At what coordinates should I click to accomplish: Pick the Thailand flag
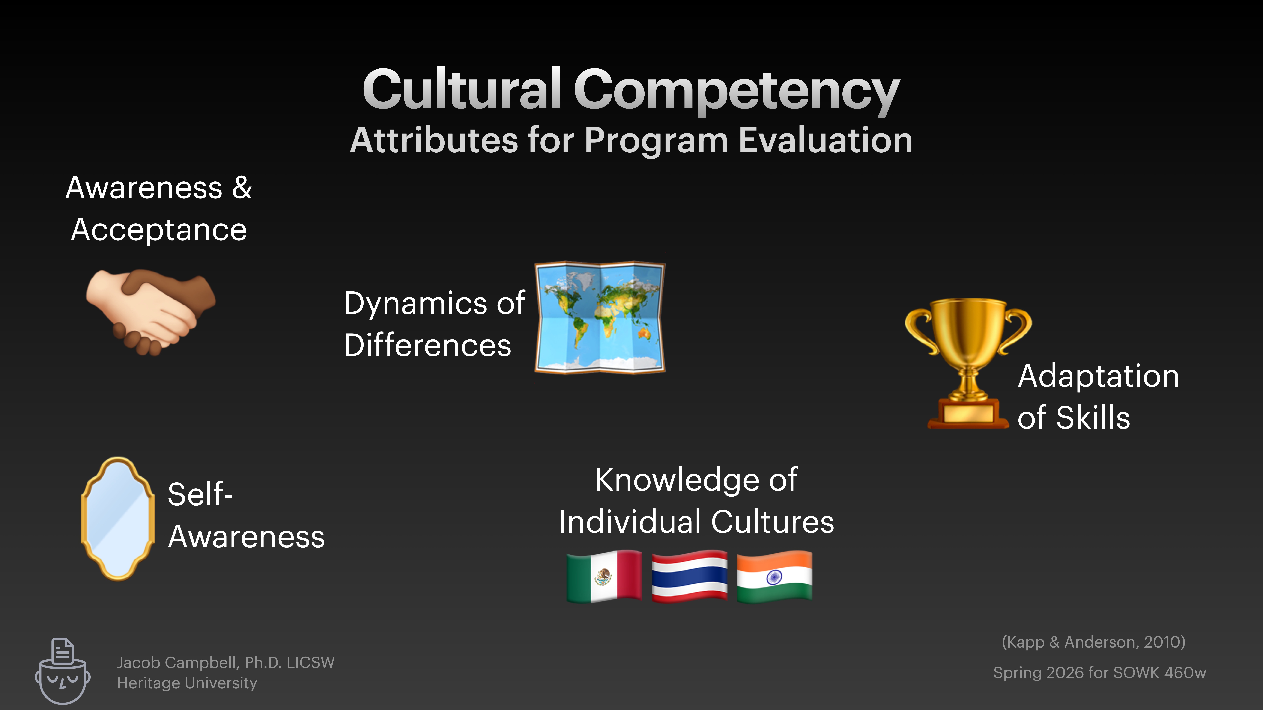pos(689,576)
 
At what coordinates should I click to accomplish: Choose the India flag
pos(774,576)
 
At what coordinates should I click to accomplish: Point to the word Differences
pos(427,345)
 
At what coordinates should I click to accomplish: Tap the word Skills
pos(1093,418)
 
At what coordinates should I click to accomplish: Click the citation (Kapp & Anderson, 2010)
pos(1093,642)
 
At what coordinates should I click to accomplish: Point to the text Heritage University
pos(187,683)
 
